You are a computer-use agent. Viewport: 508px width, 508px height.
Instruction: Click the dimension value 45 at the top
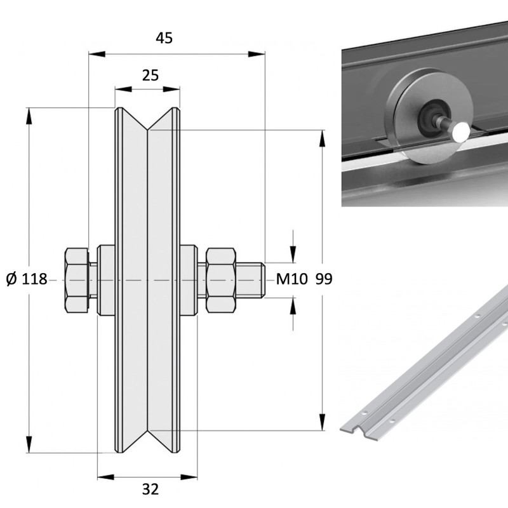[x=164, y=38]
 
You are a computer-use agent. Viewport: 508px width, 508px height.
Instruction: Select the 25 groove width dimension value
[x=150, y=76]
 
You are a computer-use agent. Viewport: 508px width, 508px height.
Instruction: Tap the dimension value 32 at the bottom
[x=150, y=489]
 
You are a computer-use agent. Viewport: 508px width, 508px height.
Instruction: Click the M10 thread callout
[x=292, y=279]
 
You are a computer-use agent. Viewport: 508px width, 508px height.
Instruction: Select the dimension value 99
[x=323, y=279]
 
